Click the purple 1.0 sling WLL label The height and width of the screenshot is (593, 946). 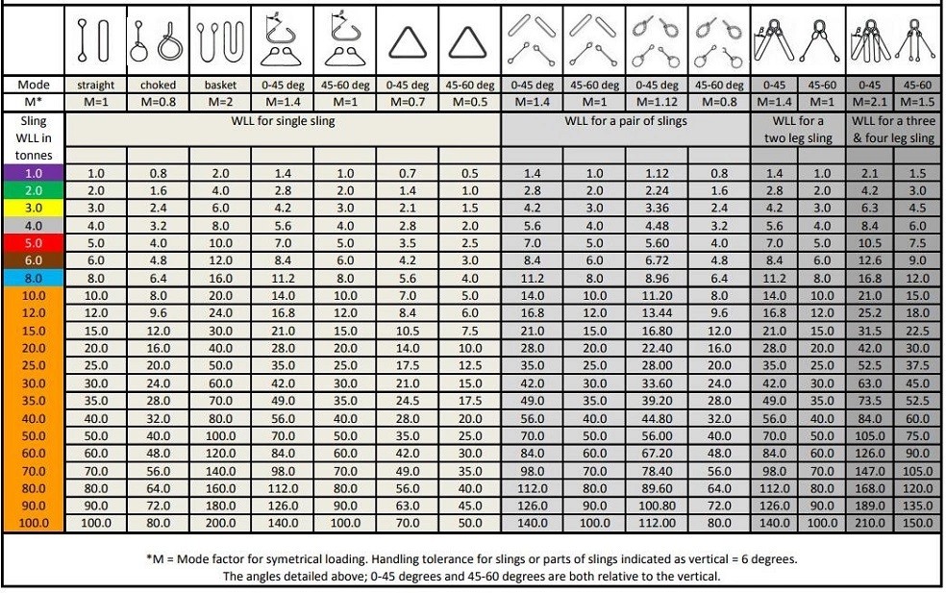tap(33, 173)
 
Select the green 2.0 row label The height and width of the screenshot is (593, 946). tap(33, 189)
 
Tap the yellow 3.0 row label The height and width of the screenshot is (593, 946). tap(33, 207)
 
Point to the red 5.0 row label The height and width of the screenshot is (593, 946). tap(33, 242)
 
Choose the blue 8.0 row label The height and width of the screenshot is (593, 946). tap(33, 278)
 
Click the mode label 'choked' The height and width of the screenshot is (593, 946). tap(159, 85)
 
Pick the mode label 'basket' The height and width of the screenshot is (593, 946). tap(220, 85)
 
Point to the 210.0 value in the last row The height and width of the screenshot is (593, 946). tap(869, 523)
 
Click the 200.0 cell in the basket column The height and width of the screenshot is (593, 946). tap(220, 523)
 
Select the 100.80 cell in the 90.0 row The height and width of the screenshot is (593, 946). tap(659, 506)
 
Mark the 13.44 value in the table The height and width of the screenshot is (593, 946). tap(659, 312)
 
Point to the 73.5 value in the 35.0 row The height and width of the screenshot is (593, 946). tap(869, 400)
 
